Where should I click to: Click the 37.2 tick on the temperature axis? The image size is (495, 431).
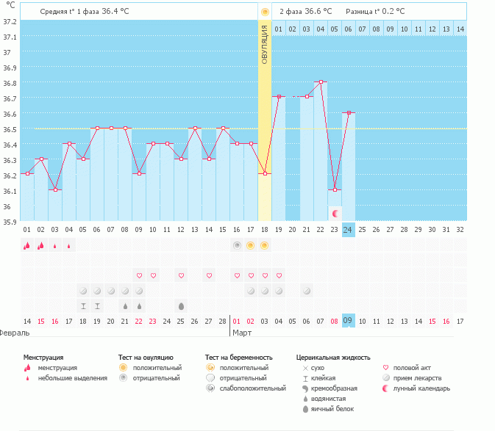(x=10, y=21)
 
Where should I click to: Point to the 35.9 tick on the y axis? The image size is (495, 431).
(x=10, y=221)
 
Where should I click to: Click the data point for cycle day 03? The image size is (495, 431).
(x=55, y=189)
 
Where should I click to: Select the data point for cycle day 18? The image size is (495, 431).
(x=265, y=174)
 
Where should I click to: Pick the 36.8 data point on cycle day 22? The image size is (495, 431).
(x=321, y=82)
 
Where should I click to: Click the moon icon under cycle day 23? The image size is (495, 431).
(x=335, y=213)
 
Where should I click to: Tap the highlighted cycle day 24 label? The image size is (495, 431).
(x=349, y=230)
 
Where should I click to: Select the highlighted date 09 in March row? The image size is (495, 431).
(x=349, y=321)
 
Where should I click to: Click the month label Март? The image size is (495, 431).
(x=242, y=333)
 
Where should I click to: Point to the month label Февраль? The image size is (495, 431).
(x=14, y=333)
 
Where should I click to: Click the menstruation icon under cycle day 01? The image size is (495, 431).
(x=27, y=245)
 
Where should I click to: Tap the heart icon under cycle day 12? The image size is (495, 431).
(x=181, y=275)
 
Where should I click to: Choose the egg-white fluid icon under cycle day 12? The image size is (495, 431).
(x=181, y=305)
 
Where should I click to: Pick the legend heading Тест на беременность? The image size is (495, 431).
(x=238, y=357)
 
